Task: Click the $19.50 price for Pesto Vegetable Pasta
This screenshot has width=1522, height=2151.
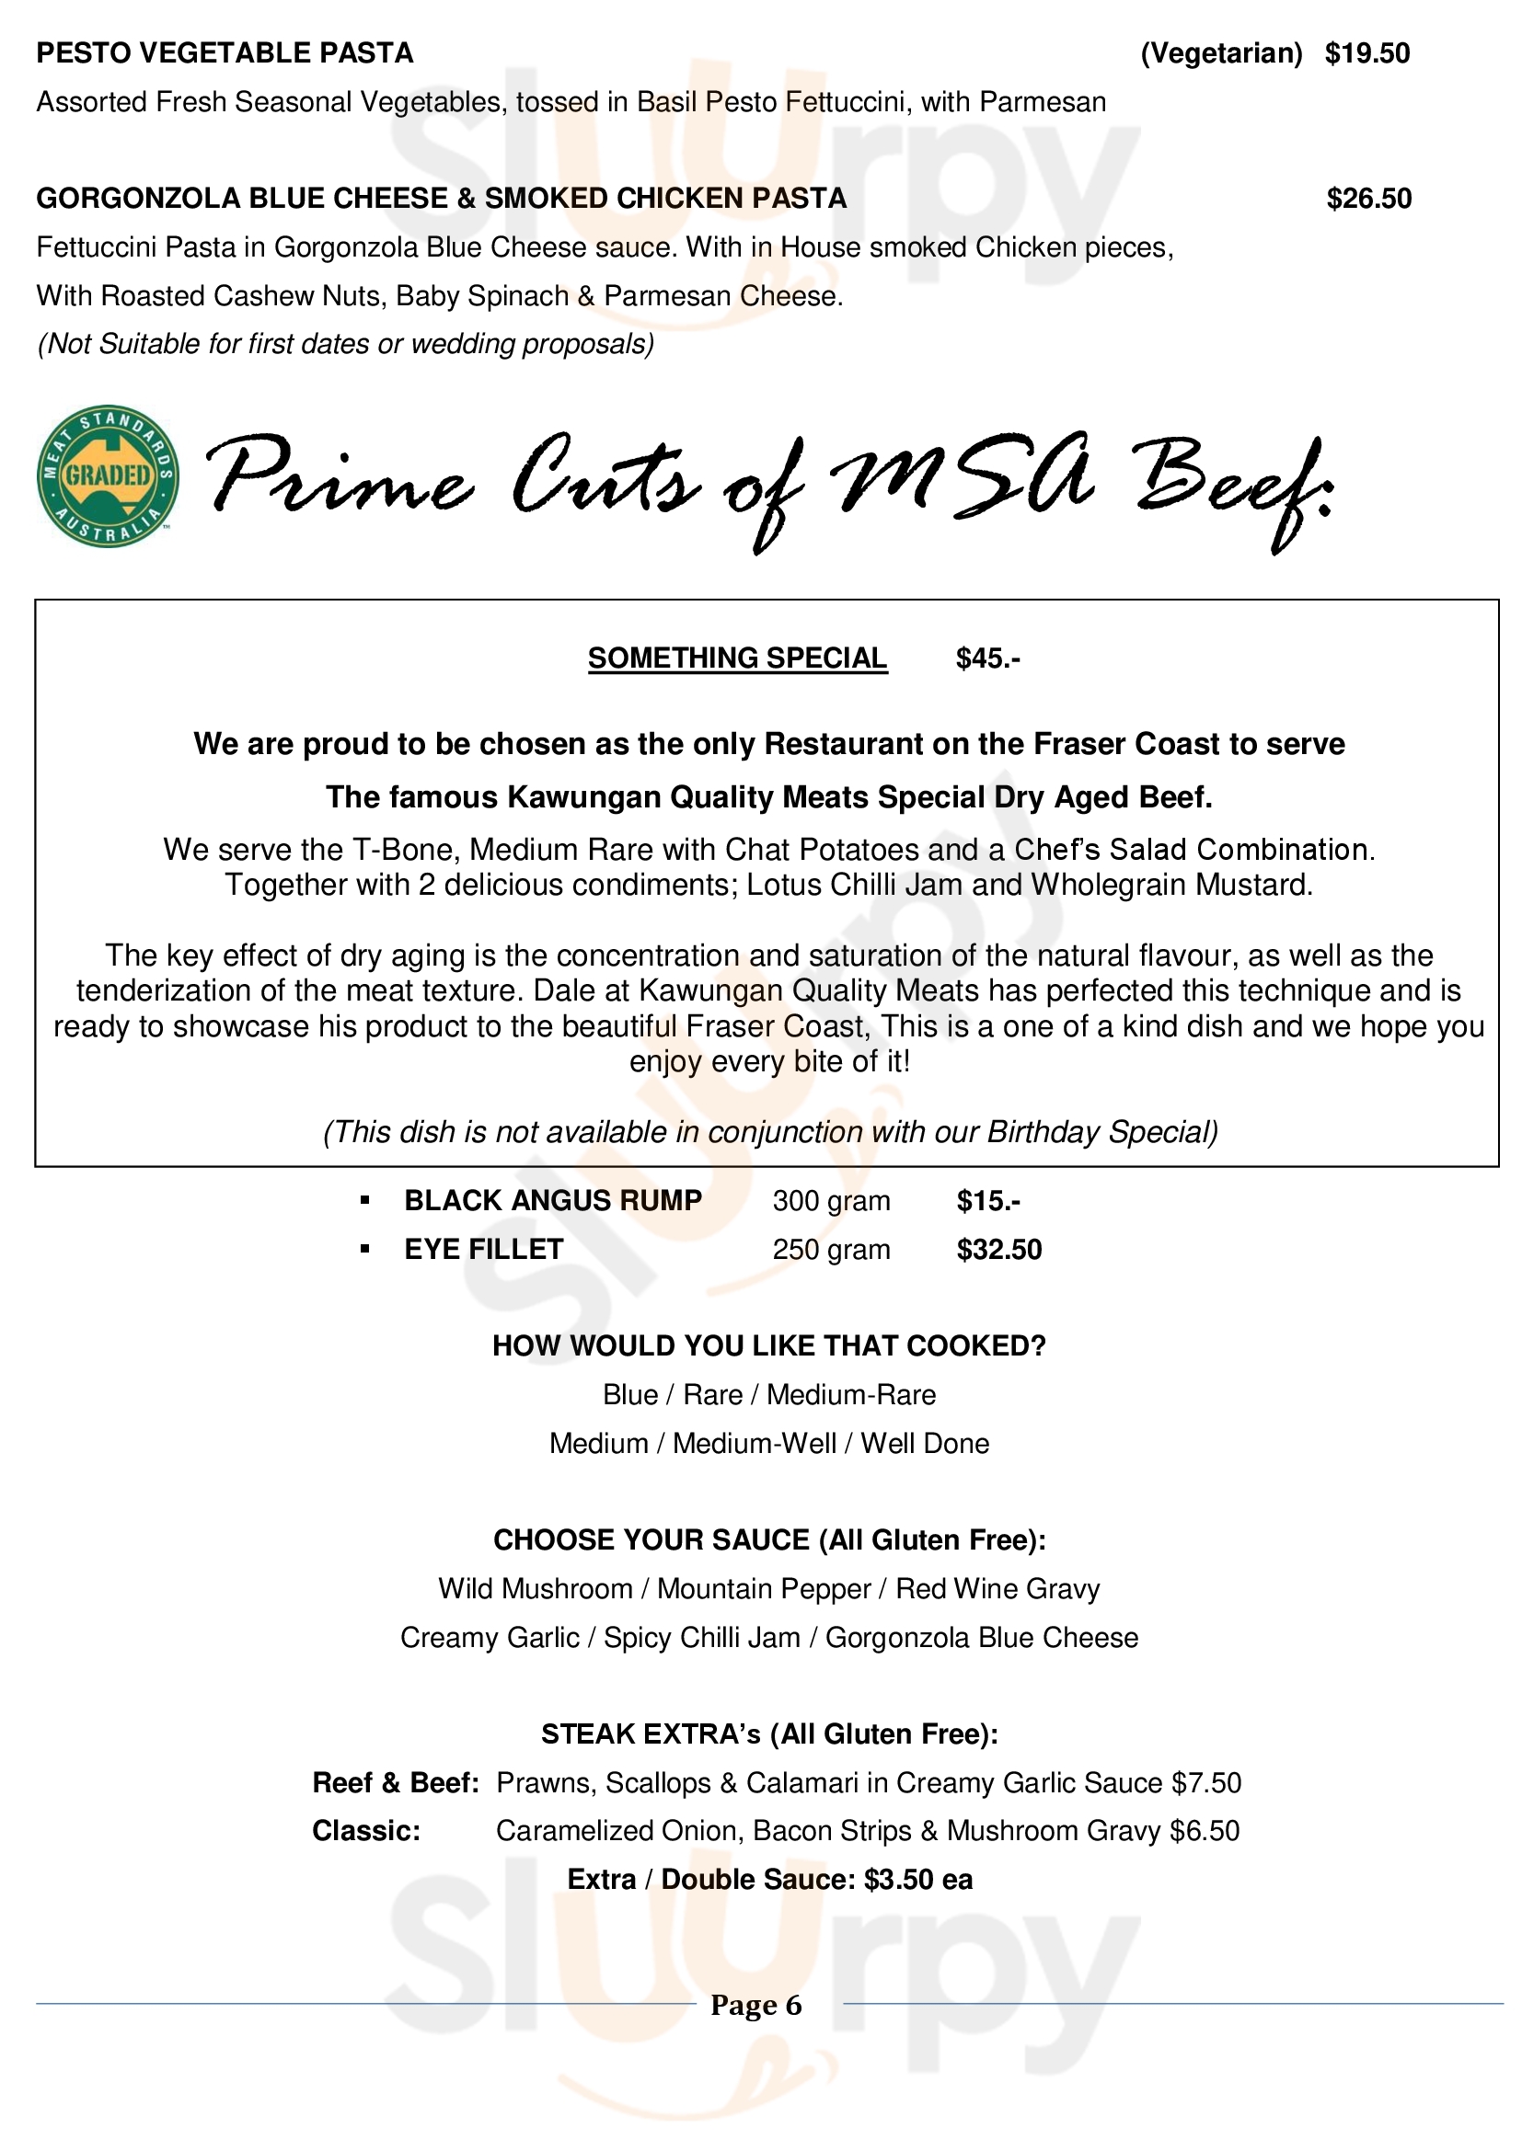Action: pyautogui.click(x=1366, y=53)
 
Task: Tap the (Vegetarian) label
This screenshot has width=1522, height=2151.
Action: pyautogui.click(x=1220, y=53)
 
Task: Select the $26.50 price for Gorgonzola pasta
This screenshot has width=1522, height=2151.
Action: pyautogui.click(x=1368, y=199)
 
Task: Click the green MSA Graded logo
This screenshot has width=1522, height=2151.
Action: pyautogui.click(x=108, y=476)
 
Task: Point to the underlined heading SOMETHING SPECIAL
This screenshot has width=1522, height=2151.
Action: pyautogui.click(x=737, y=658)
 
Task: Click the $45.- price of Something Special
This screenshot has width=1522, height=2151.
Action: pyautogui.click(x=986, y=658)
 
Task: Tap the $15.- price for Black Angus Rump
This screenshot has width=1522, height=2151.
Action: pyautogui.click(x=987, y=1201)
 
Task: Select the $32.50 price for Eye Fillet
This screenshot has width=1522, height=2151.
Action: pyautogui.click(x=998, y=1250)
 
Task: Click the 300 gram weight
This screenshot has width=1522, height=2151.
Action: pyautogui.click(x=830, y=1201)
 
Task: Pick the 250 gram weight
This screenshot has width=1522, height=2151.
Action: pyautogui.click(x=830, y=1250)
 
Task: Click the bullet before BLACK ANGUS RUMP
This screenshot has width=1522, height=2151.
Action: pyautogui.click(x=365, y=1201)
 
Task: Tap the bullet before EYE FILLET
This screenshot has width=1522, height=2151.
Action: pyautogui.click(x=365, y=1250)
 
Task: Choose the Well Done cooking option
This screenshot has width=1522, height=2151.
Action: pyautogui.click(x=924, y=1444)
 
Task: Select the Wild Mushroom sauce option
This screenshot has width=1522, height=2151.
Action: pyautogui.click(x=536, y=1589)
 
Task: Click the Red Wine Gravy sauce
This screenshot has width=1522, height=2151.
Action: pyautogui.click(x=997, y=1589)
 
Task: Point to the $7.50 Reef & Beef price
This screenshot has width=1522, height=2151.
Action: pyautogui.click(x=1206, y=1783)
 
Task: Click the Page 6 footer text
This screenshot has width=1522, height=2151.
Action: pyautogui.click(x=755, y=2005)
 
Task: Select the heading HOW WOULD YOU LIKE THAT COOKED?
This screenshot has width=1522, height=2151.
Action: pyautogui.click(x=768, y=1346)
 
